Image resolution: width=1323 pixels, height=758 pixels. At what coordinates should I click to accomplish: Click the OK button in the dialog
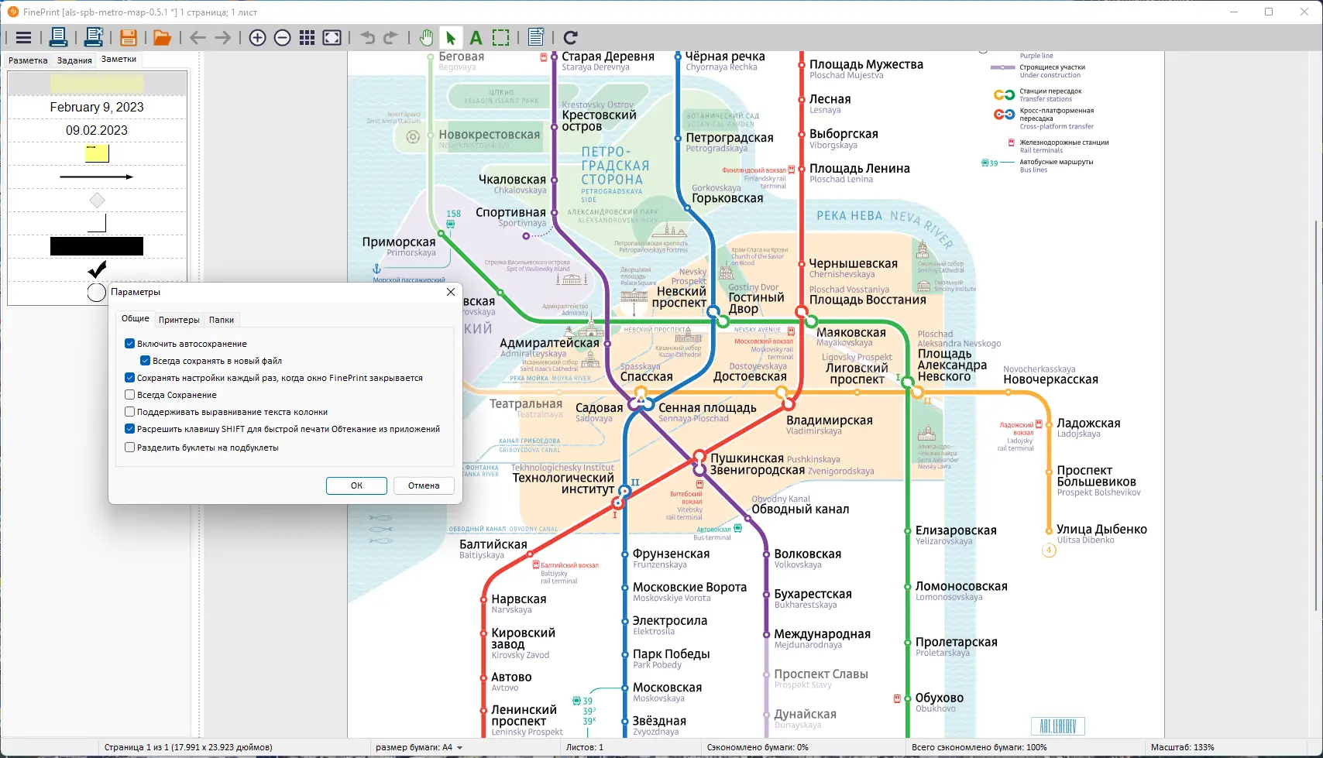(x=356, y=485)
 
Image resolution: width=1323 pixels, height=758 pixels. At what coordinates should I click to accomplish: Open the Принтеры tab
(x=179, y=320)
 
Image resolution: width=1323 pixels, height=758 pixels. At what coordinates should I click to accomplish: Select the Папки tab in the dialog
(x=222, y=320)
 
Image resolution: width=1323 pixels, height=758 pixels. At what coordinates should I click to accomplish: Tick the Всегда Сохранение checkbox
(x=130, y=395)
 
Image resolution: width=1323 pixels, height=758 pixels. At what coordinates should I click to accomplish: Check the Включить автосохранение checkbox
(x=130, y=344)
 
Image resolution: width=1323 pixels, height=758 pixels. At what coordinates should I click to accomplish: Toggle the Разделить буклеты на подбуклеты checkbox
(x=130, y=448)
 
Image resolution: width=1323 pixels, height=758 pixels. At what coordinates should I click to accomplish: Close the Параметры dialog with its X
(x=451, y=292)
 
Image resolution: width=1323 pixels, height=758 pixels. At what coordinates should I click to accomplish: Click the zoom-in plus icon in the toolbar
(x=258, y=38)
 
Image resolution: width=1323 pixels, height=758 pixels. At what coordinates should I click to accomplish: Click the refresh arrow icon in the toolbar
(x=571, y=38)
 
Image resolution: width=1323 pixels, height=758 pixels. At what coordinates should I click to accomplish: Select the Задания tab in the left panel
(x=74, y=60)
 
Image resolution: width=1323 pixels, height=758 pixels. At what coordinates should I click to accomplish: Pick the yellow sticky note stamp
(x=97, y=153)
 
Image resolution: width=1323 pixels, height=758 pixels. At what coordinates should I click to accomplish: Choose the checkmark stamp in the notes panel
(x=97, y=269)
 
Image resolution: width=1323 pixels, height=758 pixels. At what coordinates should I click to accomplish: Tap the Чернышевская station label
(x=853, y=264)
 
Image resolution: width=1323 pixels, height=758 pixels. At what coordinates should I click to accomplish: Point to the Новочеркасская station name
(x=1050, y=379)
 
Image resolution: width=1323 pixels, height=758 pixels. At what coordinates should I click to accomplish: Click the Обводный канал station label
(x=800, y=509)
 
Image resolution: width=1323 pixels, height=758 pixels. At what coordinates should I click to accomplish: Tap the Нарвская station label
(x=519, y=599)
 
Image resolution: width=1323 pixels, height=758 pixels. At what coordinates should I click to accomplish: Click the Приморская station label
(x=399, y=242)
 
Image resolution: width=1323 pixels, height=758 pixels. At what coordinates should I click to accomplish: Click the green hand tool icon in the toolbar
(x=426, y=38)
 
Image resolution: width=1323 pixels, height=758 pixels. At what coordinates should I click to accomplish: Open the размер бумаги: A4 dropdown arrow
(x=460, y=748)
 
